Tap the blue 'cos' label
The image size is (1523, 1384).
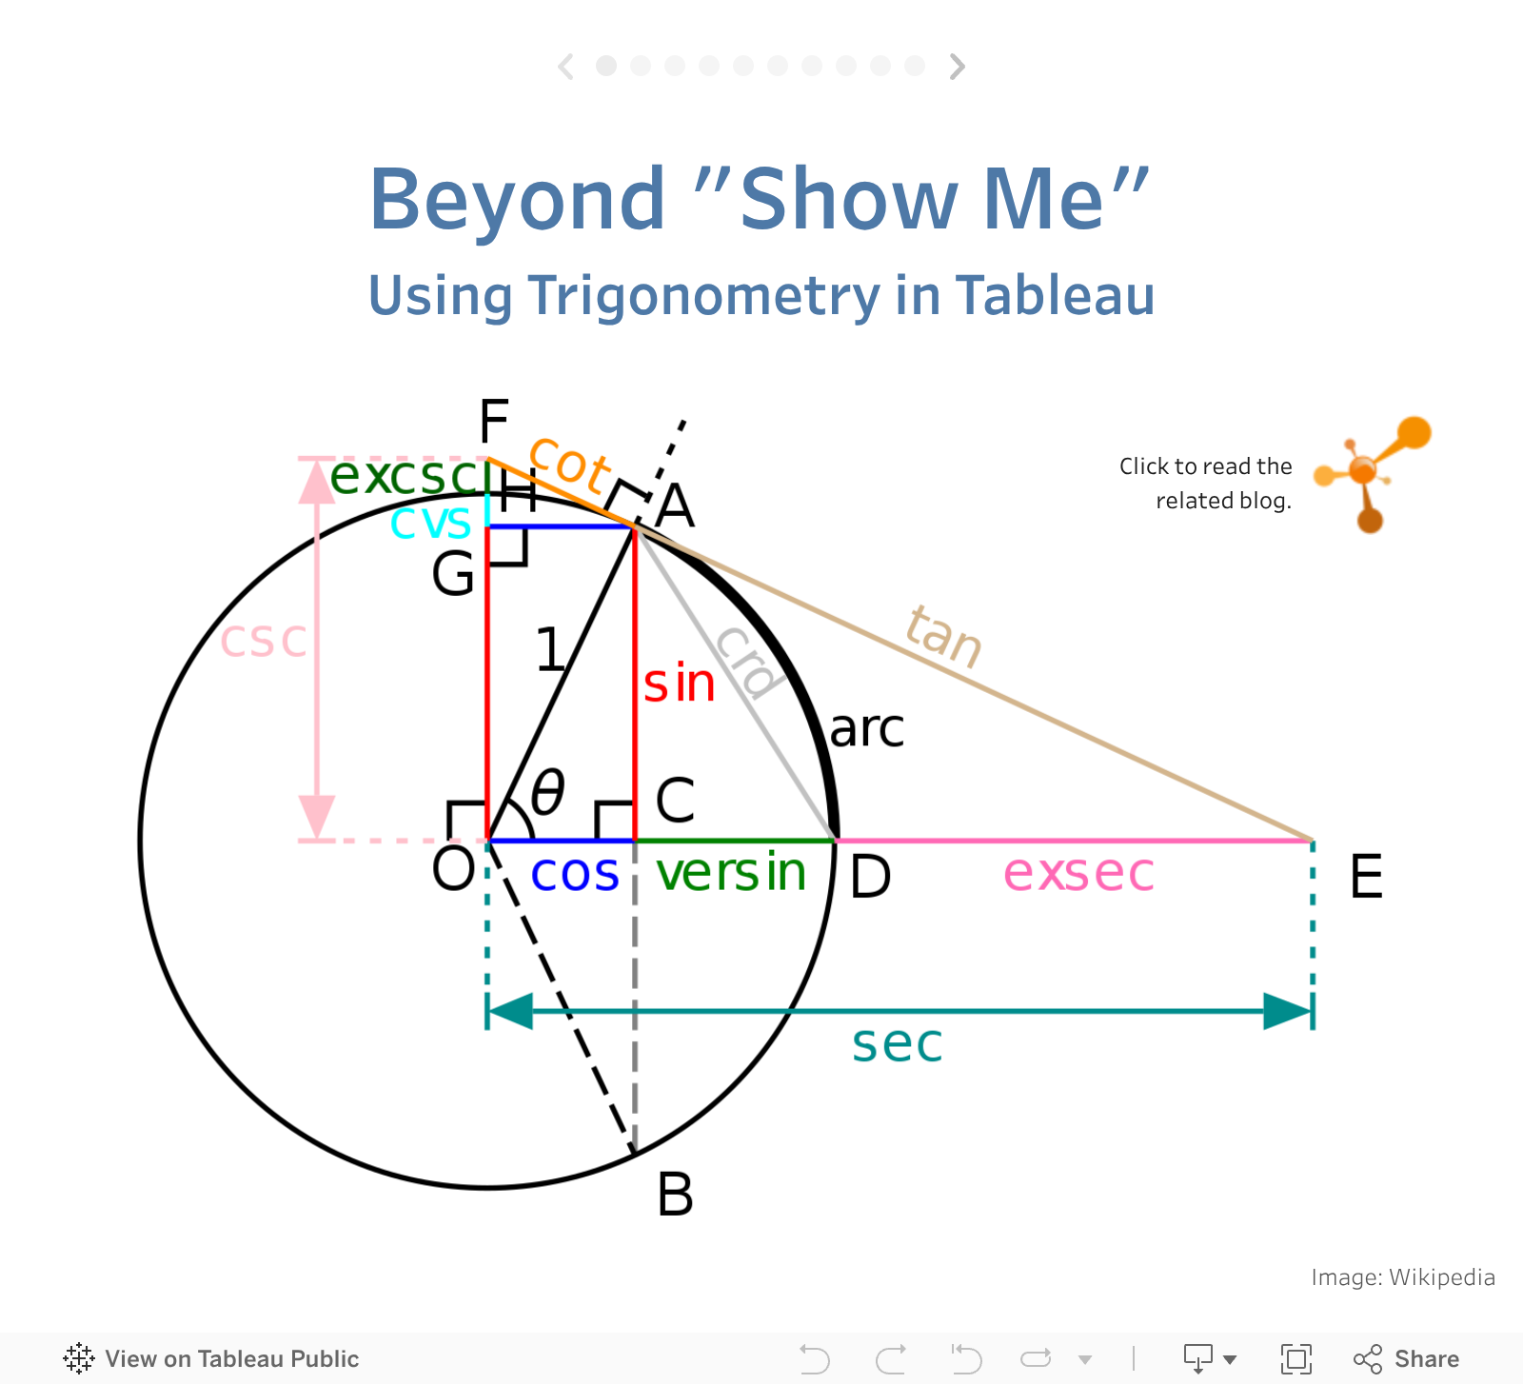(575, 874)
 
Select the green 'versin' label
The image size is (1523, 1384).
(731, 872)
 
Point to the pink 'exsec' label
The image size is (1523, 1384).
(1078, 873)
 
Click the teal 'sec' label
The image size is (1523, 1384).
(897, 1044)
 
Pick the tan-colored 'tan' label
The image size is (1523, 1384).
(943, 636)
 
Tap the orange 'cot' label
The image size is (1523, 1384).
(569, 464)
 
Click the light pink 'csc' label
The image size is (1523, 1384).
(264, 641)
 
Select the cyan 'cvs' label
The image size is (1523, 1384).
(430, 522)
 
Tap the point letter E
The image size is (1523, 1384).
(1366, 877)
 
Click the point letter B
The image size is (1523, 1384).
(675, 1194)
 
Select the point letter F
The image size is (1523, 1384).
(494, 421)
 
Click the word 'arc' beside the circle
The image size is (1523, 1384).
(866, 730)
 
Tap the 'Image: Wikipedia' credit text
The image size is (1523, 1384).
(1403, 1277)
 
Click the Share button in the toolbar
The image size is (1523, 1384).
(1406, 1358)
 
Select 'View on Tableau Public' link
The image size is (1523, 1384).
(211, 1358)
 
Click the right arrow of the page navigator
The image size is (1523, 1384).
(958, 66)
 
